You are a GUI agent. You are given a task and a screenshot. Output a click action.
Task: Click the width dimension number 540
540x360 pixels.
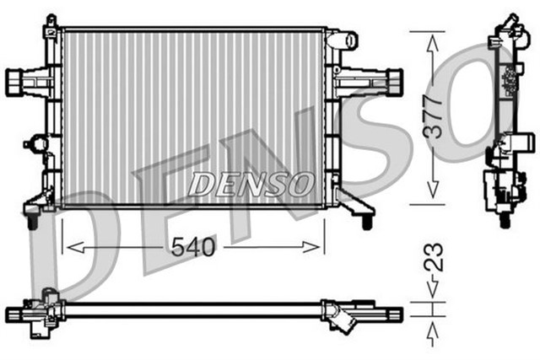pos(193,247)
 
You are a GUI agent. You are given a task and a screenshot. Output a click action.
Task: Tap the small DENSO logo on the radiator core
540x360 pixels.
pos(251,183)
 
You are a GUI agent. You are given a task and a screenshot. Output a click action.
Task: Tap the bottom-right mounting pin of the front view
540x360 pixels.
pos(366,222)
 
